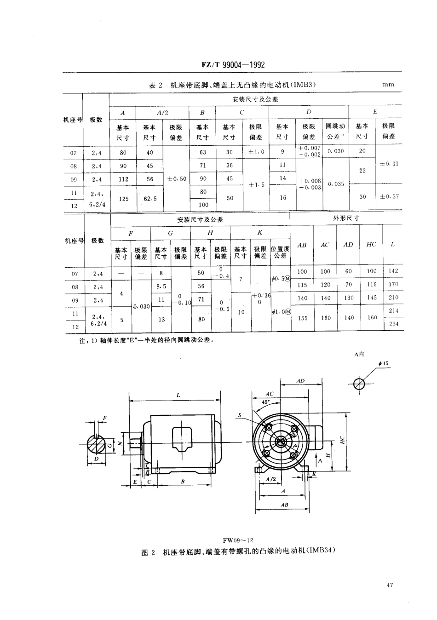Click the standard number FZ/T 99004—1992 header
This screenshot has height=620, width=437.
click(x=233, y=65)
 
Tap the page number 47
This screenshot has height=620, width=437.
click(x=390, y=585)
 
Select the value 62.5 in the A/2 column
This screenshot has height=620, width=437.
click(x=150, y=199)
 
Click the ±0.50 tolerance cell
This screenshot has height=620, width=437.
click(x=177, y=178)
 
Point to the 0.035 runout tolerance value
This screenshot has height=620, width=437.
click(x=336, y=184)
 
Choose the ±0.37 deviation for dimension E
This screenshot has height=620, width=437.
click(x=389, y=196)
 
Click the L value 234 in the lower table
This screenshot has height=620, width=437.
click(x=393, y=324)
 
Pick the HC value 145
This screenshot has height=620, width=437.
click(x=371, y=298)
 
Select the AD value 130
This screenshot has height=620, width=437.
click(x=348, y=298)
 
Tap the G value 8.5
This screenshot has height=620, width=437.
click(x=161, y=286)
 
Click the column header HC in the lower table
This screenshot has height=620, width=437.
click(x=371, y=245)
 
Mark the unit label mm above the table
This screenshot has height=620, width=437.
click(x=388, y=85)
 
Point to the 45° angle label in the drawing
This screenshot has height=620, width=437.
click(x=265, y=402)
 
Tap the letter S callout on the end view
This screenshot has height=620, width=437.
click(x=240, y=415)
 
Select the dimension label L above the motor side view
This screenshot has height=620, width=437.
click(x=178, y=395)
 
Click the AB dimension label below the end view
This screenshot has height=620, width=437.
click(x=284, y=505)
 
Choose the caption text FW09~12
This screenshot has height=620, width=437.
click(x=238, y=540)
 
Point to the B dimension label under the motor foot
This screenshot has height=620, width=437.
click(x=183, y=481)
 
